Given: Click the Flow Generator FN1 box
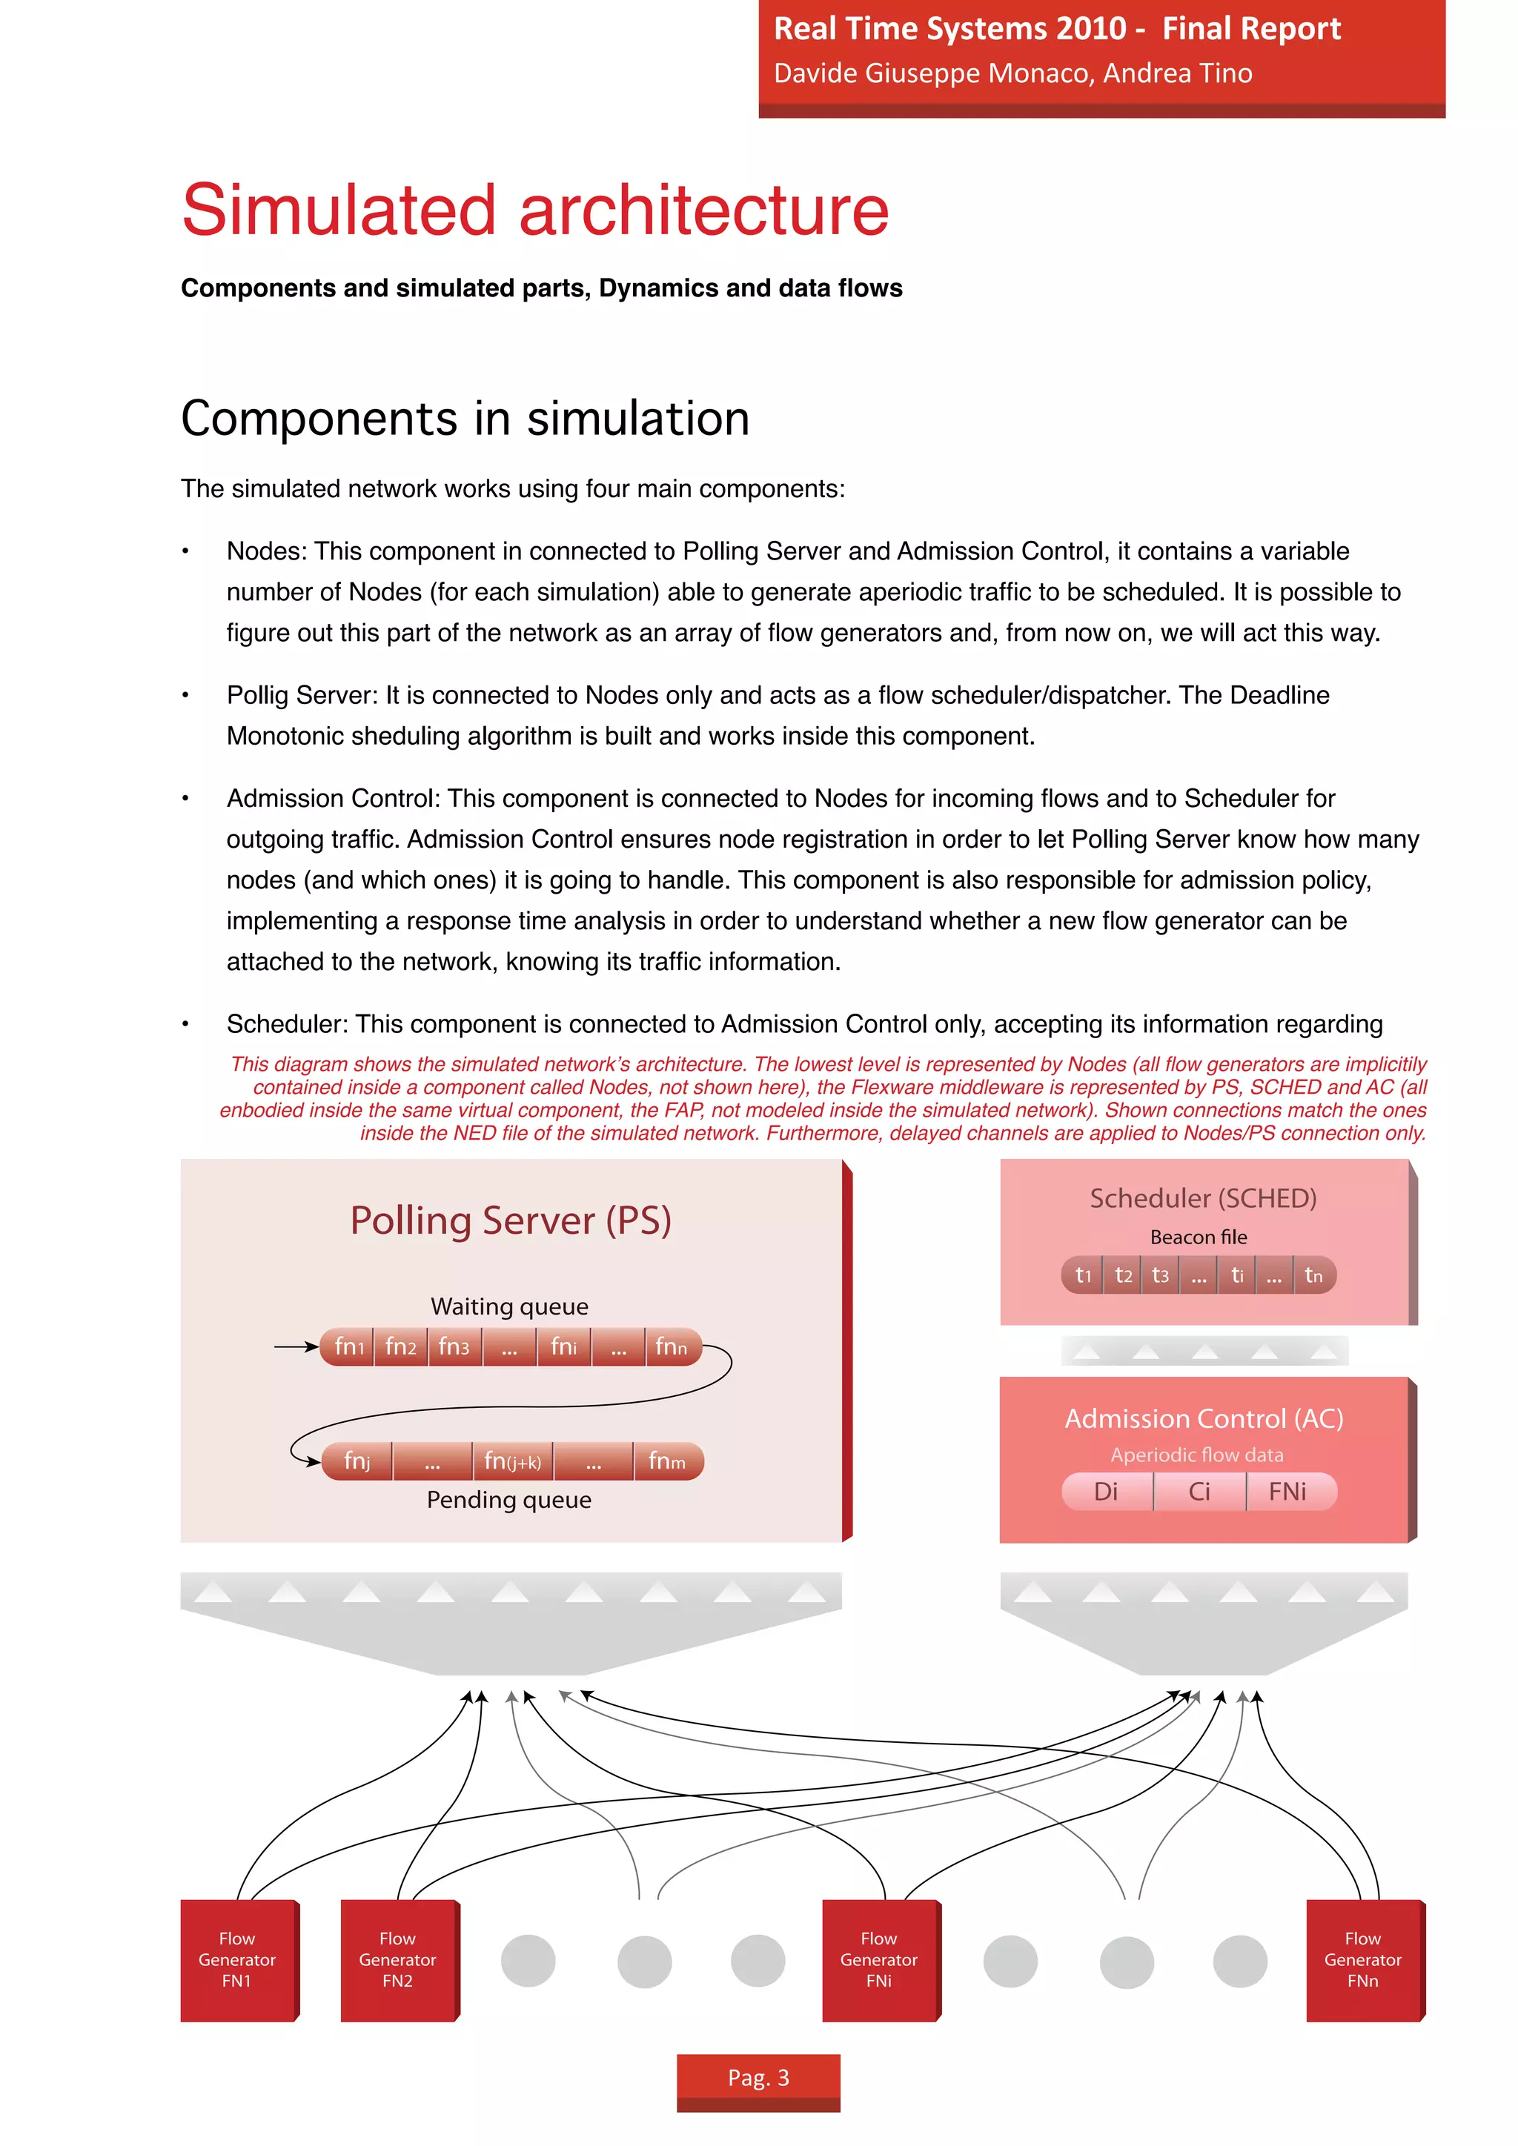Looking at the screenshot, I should pyautogui.click(x=237, y=1959).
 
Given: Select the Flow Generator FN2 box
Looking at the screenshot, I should pyautogui.click(x=398, y=1959).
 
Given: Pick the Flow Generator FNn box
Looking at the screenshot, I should pyautogui.click(x=1363, y=1959).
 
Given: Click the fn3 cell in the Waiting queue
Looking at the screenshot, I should pyautogui.click(x=455, y=1347).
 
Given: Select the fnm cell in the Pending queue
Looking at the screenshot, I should pyautogui.click(x=667, y=1461).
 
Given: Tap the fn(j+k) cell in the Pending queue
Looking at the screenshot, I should pyautogui.click(x=512, y=1461).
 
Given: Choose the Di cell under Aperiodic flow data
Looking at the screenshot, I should pyautogui.click(x=1107, y=1492).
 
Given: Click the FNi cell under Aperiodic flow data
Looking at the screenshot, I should pyautogui.click(x=1288, y=1492).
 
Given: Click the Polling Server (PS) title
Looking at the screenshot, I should pyautogui.click(x=511, y=1220).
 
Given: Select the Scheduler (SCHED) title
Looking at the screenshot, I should pyautogui.click(x=1203, y=1198).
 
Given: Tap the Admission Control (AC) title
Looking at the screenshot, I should pyautogui.click(x=1204, y=1419).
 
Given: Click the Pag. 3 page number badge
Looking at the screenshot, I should pyautogui.click(x=758, y=2077).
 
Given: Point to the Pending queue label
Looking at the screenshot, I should pyautogui.click(x=509, y=1500).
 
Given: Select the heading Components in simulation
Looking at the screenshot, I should pyautogui.click(x=465, y=418).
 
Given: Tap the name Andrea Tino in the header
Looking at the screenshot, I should pyautogui.click(x=1178, y=73).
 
